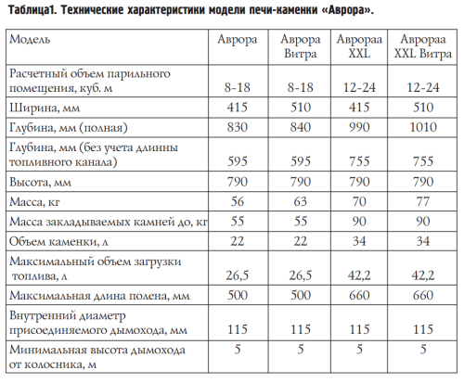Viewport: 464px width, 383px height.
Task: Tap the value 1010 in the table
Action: [x=422, y=125]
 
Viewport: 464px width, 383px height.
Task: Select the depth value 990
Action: [x=358, y=125]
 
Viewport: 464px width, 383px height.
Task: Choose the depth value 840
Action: [x=298, y=125]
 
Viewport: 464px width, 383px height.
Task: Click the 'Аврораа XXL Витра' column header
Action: [x=422, y=49]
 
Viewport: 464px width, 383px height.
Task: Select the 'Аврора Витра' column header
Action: [x=298, y=49]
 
